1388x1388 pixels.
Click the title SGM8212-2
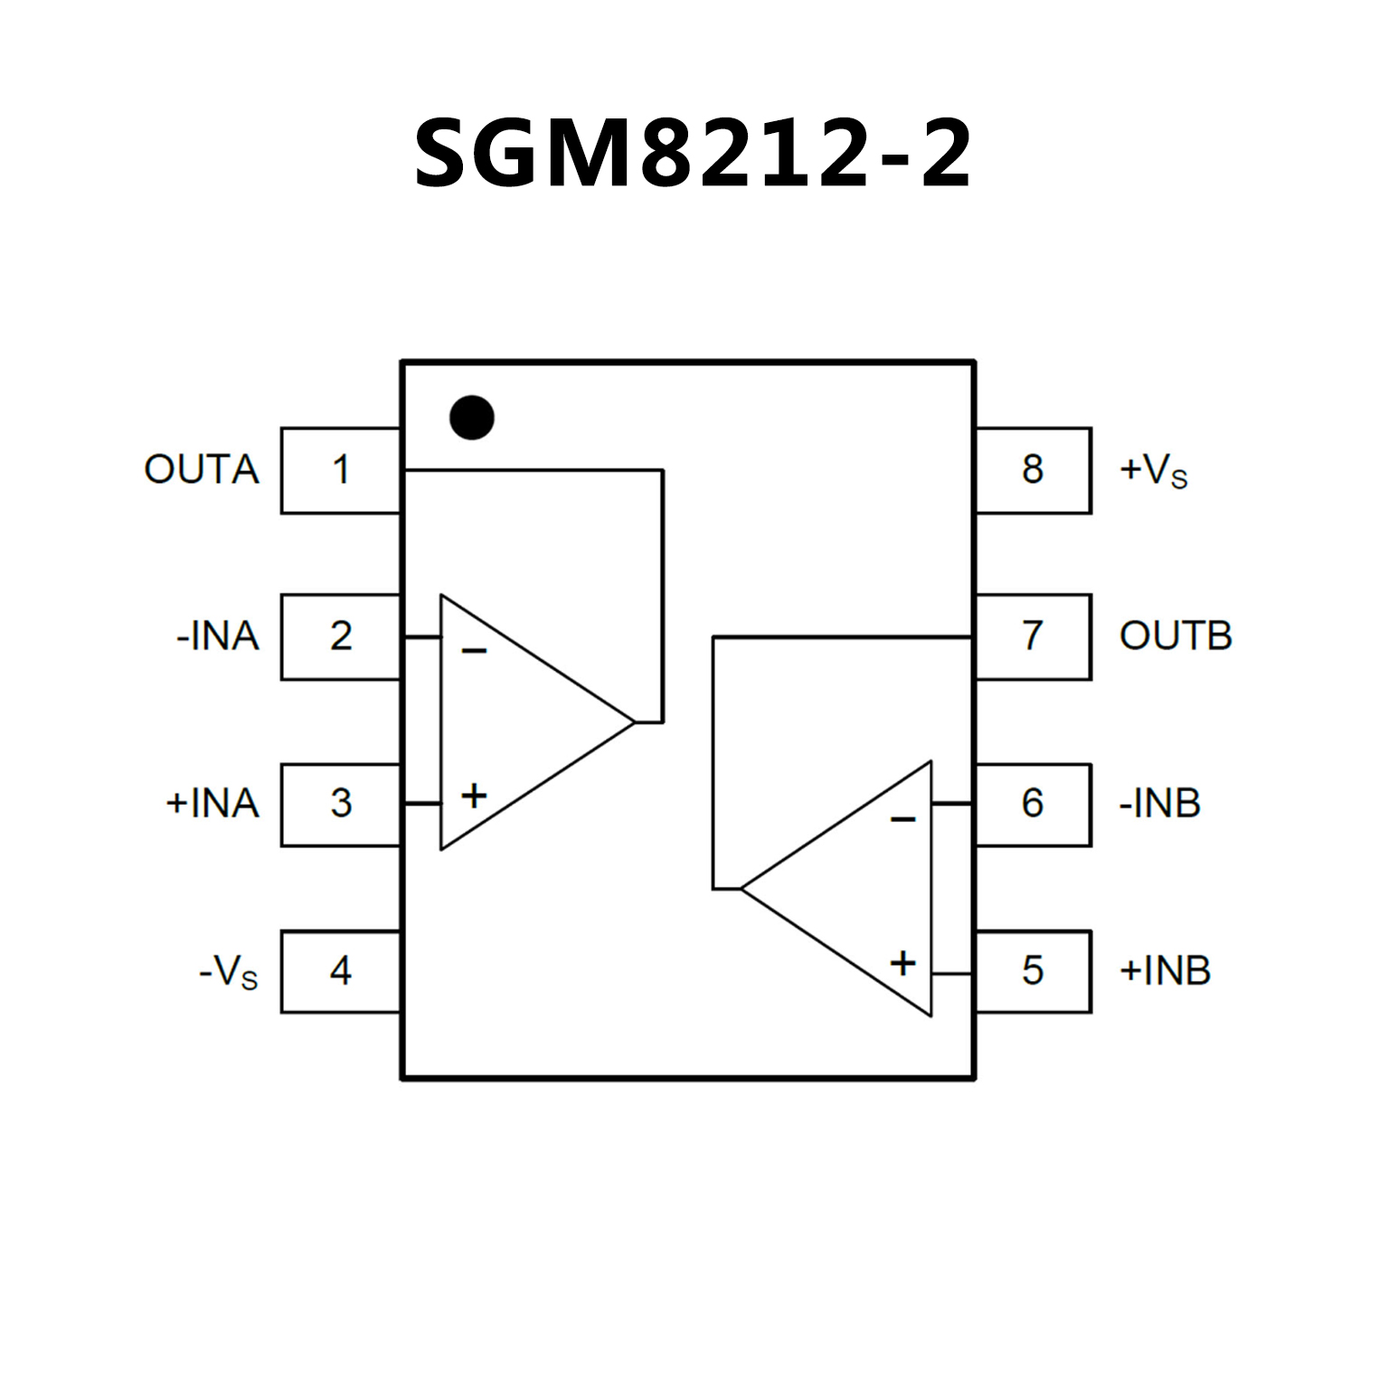(693, 154)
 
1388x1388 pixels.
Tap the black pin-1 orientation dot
(471, 418)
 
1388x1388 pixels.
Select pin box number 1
(341, 470)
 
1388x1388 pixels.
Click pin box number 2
(341, 637)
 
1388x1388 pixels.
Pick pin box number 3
(341, 804)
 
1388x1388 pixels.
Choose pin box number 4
(341, 971)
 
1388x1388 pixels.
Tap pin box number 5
(1033, 971)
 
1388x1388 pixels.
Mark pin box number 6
(1033, 804)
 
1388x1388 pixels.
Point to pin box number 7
(1033, 637)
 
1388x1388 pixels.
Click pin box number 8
(1033, 470)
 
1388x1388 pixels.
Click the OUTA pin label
(202, 470)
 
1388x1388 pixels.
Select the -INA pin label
(218, 637)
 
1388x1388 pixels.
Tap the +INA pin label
(212, 804)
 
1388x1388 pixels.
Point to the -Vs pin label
(229, 973)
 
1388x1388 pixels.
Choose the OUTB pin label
(1176, 637)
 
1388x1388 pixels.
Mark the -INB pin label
(1160, 804)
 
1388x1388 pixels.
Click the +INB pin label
(1165, 971)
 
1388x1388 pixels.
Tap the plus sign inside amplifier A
(474, 796)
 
